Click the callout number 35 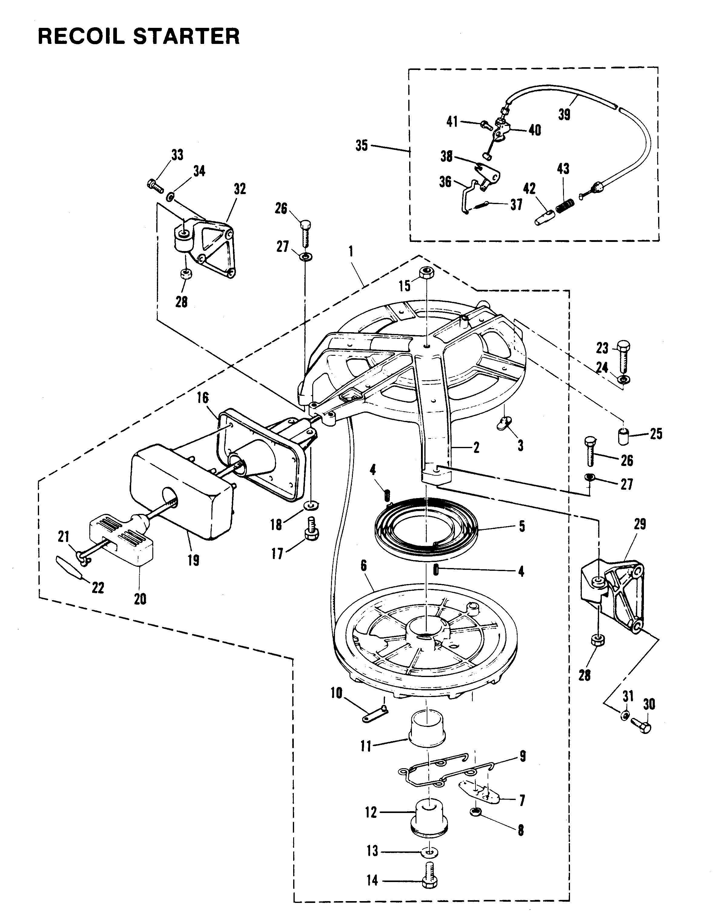click(x=361, y=146)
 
